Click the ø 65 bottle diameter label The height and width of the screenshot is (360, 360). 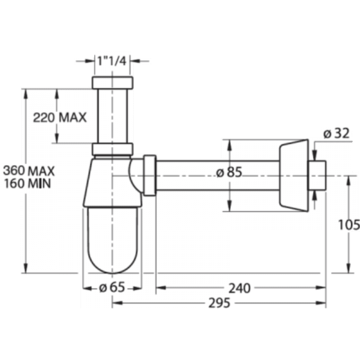[111, 287]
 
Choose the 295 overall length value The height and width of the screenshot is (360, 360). [220, 304]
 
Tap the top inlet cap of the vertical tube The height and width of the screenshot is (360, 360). [112, 81]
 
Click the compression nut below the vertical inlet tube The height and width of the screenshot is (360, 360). [112, 151]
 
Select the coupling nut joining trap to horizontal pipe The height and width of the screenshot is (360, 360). [150, 176]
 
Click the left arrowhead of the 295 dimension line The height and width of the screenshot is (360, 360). [116, 304]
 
